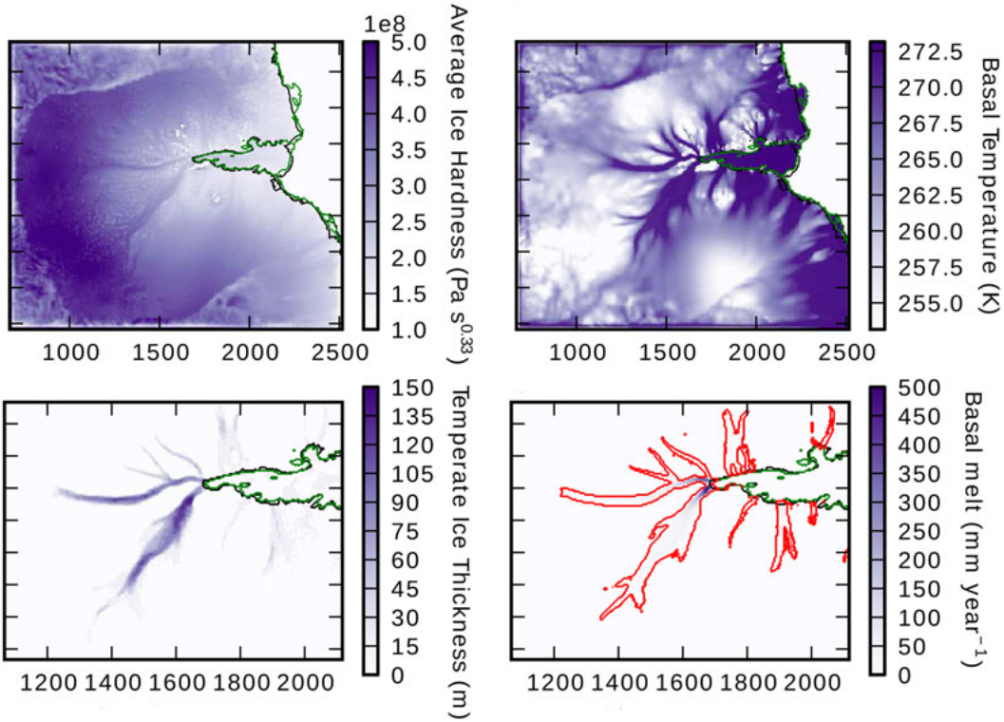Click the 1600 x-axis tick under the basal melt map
[681, 682]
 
